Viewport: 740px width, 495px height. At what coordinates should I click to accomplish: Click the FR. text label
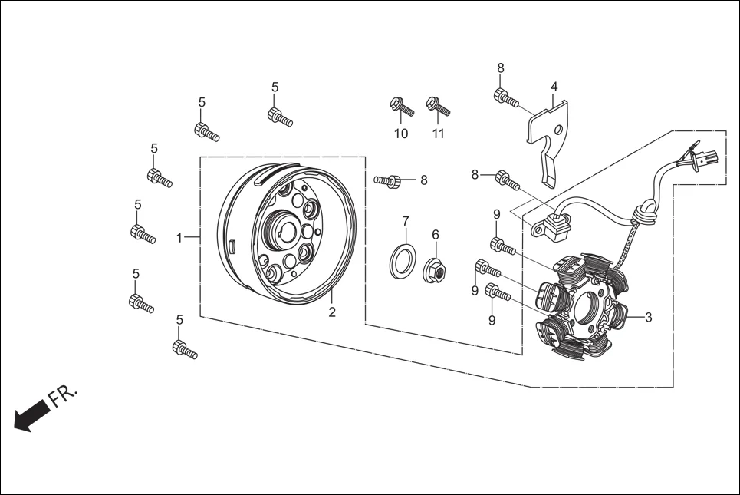[x=64, y=394]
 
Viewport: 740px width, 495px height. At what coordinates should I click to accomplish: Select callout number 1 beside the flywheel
[x=179, y=238]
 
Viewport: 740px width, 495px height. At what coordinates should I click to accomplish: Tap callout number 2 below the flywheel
[x=332, y=312]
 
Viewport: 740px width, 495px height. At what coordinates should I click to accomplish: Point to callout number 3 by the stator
[x=648, y=317]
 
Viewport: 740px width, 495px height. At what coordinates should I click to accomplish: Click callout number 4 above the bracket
[x=554, y=87]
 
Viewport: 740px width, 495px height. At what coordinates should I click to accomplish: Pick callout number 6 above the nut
[x=435, y=235]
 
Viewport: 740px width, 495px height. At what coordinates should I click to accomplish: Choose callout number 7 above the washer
[x=406, y=221]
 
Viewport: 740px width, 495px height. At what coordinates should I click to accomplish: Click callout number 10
[x=401, y=134]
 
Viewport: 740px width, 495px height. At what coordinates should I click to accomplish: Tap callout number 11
[x=438, y=134]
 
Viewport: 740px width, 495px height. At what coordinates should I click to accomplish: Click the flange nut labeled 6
[x=435, y=269]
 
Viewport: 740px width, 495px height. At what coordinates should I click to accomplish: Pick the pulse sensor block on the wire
[x=552, y=225]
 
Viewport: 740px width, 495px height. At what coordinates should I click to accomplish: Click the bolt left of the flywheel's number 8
[x=389, y=181]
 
